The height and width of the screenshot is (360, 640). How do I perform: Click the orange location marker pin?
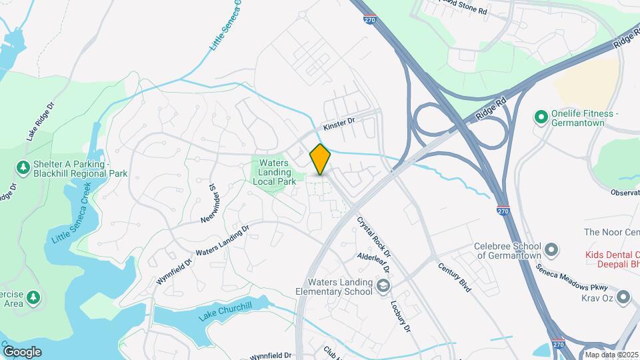point(320,159)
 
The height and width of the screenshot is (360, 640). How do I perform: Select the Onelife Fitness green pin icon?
point(541,118)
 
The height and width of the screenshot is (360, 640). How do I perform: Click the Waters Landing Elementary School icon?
point(383,286)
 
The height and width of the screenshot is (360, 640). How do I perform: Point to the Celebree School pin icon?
point(551,251)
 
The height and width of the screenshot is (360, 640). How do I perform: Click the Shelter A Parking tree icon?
point(23,167)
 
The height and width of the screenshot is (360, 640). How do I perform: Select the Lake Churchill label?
point(226,315)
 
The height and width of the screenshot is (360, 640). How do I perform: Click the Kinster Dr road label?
point(341,124)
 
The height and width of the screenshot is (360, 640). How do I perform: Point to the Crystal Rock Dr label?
point(373,235)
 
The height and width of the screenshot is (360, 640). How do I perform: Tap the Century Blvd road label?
point(455,276)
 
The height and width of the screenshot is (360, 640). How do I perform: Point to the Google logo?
point(21,351)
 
